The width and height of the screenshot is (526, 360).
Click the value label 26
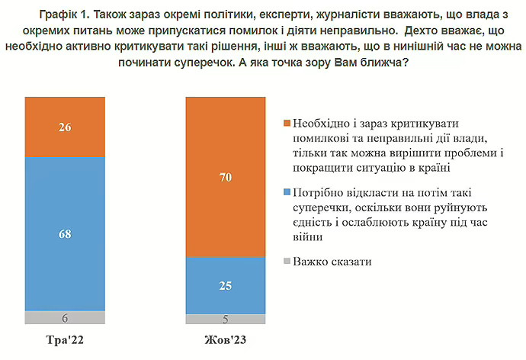[x=64, y=127]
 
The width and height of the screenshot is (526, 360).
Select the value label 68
[x=64, y=233]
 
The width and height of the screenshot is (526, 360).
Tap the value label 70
[x=226, y=177]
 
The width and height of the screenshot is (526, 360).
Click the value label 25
[x=226, y=285]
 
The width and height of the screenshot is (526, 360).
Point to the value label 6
[x=64, y=318]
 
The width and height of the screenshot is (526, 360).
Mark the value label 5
[x=226, y=320]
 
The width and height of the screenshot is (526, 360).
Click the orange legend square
[x=286, y=124]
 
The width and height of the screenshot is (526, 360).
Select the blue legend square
[x=286, y=192]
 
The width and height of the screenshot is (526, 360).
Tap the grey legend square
[x=286, y=262]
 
